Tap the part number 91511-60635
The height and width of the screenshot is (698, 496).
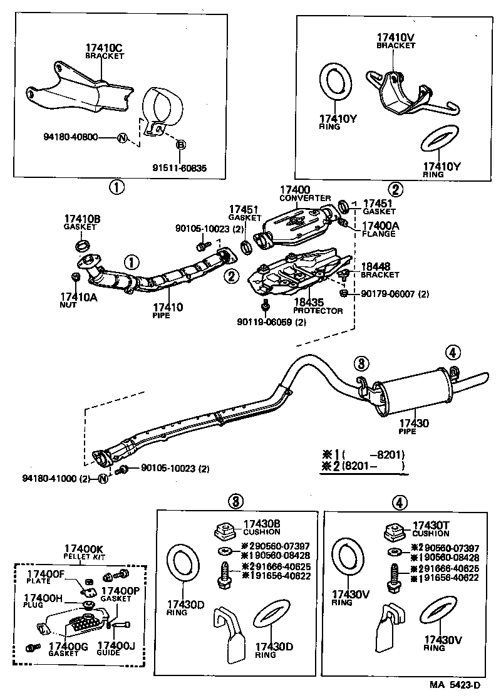179,168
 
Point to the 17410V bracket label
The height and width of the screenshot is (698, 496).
396,38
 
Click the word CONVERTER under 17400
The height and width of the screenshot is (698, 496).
300,198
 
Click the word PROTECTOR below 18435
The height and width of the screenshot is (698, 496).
318,311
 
